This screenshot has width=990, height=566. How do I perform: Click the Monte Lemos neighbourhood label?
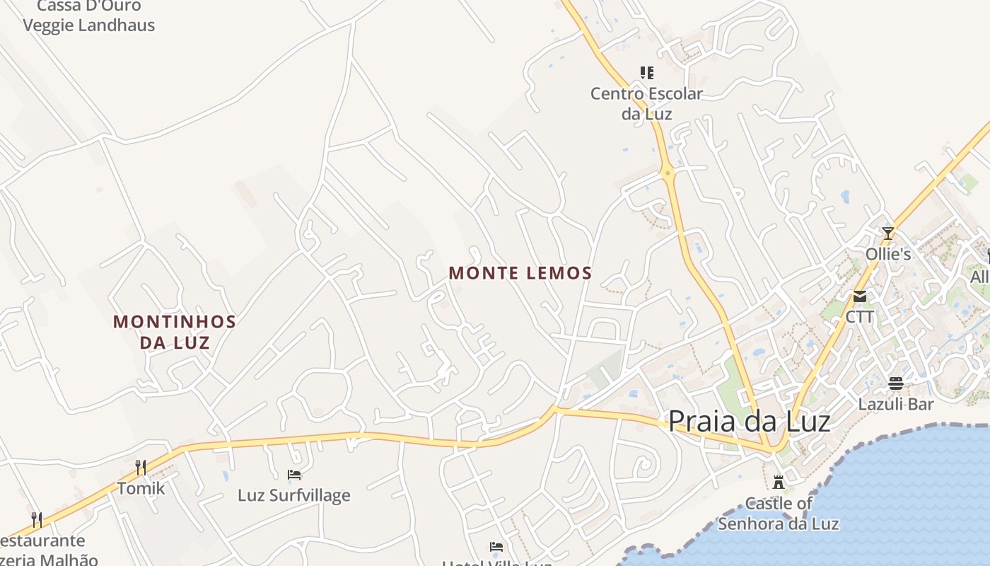[x=520, y=272]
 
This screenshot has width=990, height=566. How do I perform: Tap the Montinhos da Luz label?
[x=175, y=332]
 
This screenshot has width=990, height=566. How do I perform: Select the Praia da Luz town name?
[x=749, y=421]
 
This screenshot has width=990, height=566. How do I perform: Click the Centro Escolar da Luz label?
[x=646, y=103]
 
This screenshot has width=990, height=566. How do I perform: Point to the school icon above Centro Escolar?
[x=646, y=72]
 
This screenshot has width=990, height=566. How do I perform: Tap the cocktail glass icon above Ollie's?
[x=888, y=232]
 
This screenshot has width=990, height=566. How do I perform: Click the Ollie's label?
[x=888, y=254]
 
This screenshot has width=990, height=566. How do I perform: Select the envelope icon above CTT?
[x=860, y=296]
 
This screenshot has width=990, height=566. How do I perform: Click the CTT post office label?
[x=860, y=317]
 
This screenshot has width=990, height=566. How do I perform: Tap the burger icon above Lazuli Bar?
[x=896, y=383]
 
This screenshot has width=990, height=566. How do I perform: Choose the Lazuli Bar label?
[x=896, y=405]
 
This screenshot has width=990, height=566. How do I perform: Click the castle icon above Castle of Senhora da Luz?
[x=779, y=483]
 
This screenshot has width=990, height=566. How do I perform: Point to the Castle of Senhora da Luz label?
[x=779, y=514]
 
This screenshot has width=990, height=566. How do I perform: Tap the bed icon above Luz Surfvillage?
[x=294, y=474]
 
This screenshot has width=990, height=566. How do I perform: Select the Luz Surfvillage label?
[x=294, y=495]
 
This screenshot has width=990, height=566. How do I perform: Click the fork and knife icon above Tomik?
[x=141, y=467]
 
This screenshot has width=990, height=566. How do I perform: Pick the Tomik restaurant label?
[x=141, y=488]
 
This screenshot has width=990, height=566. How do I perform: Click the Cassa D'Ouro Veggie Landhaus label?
[x=89, y=16]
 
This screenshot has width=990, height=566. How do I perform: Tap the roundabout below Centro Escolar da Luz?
[x=668, y=172]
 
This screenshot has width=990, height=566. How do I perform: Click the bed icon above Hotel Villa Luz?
[x=496, y=546]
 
